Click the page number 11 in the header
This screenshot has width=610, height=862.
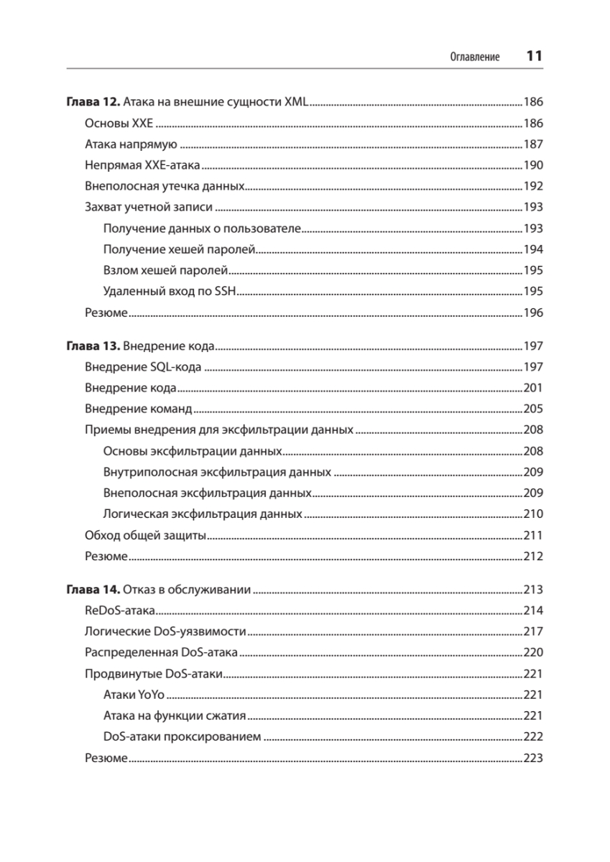tap(533, 56)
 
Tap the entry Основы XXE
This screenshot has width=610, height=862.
tap(114, 123)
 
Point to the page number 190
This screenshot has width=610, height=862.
tap(533, 165)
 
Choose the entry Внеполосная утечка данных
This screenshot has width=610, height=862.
tap(165, 187)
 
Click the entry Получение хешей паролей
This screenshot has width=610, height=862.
tap(180, 250)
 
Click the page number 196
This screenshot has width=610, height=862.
tap(533, 313)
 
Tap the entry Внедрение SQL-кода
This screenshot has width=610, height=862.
tap(142, 368)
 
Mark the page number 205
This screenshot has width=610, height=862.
tap(533, 409)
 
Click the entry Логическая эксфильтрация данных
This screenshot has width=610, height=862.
tap(203, 514)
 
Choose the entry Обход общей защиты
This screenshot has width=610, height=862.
tap(146, 535)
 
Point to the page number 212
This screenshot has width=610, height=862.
tap(533, 557)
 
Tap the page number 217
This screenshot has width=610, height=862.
tap(533, 632)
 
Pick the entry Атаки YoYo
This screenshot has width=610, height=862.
tap(134, 695)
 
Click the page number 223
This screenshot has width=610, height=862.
tap(533, 758)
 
